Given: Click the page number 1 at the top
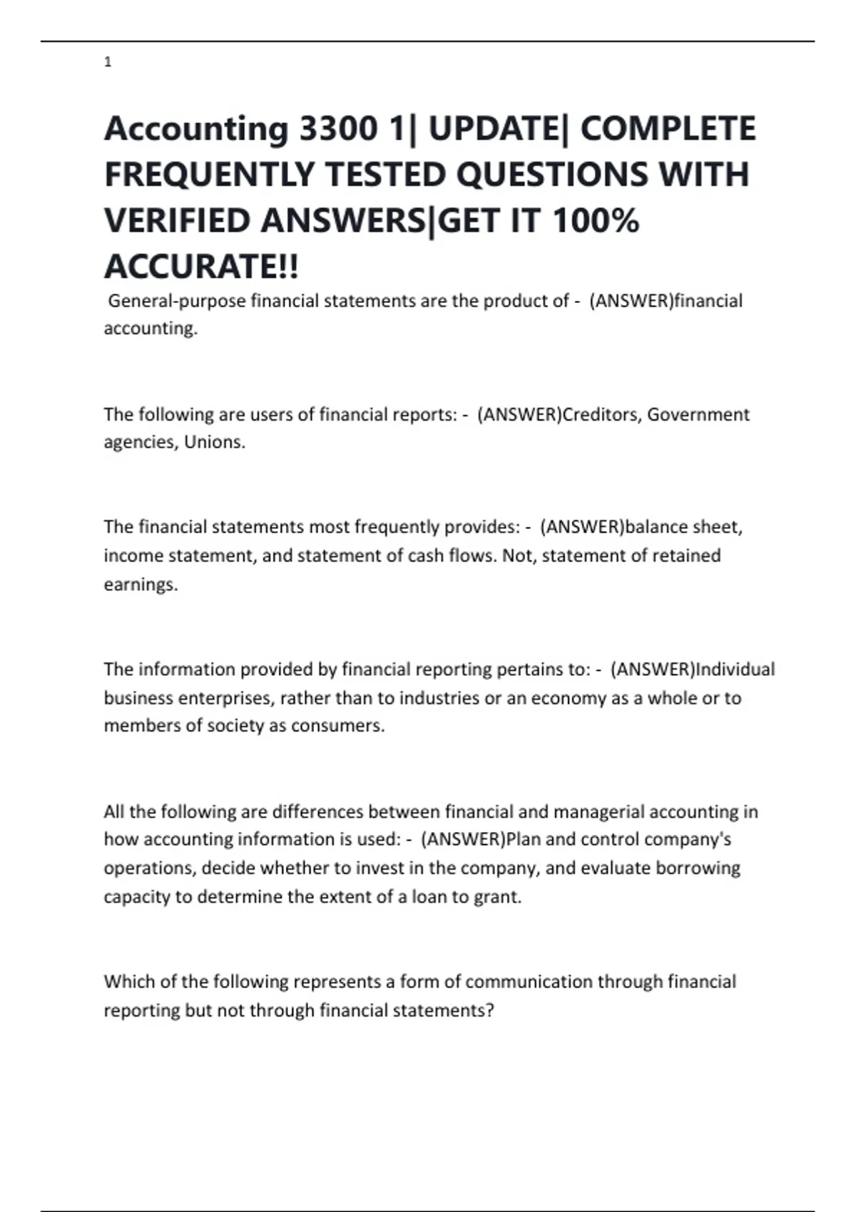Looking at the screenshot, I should point(108,63).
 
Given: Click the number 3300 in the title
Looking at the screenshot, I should point(337,129).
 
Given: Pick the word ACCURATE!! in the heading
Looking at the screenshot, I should point(202,267).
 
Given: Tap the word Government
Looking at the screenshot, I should point(698,415).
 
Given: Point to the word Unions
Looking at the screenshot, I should point(214,443).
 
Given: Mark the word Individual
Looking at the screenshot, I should point(735,669).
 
